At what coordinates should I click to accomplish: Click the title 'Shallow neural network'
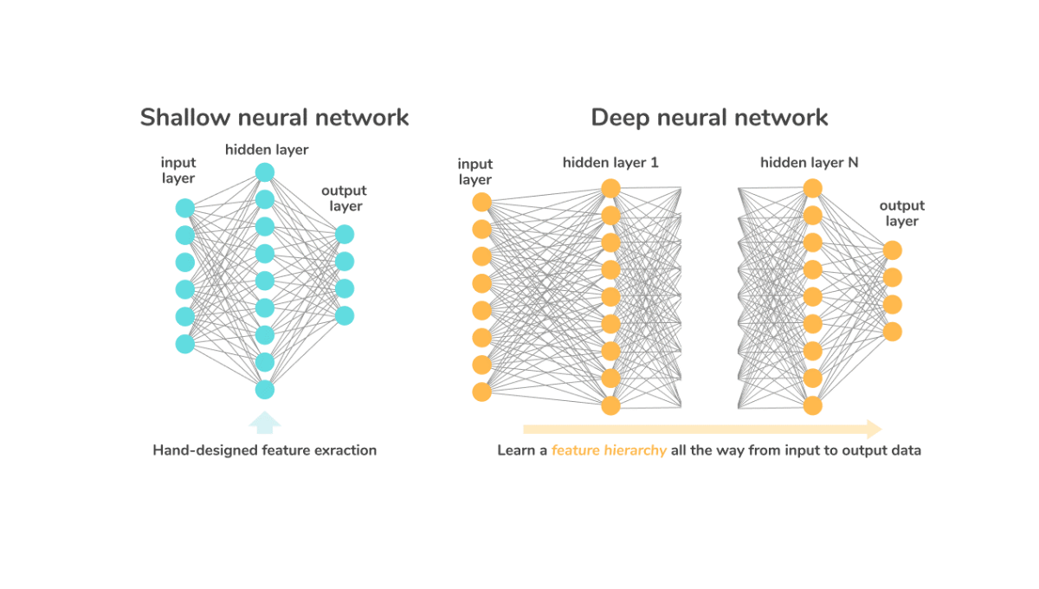point(274,117)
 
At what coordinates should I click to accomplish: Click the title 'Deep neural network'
point(709,117)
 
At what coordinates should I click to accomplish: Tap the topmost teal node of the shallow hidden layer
point(265,172)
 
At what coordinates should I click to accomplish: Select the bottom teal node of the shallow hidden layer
point(265,390)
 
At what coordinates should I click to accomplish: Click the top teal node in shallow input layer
point(185,208)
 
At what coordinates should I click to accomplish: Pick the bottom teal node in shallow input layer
point(185,344)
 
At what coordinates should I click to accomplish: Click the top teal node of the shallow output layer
point(345,234)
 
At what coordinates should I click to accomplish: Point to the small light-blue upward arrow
point(265,422)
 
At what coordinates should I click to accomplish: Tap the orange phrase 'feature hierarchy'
point(609,450)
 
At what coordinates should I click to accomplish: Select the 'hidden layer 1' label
point(610,162)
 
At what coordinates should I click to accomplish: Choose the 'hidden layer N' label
point(810,162)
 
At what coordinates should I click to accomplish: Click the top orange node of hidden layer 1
point(611,188)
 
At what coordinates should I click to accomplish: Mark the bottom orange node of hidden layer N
point(812,405)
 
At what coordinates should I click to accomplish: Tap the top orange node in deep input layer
point(482,202)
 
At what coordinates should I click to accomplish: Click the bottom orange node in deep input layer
point(482,392)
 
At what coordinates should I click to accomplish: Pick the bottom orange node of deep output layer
point(893,332)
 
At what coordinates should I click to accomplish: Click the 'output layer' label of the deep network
point(901,213)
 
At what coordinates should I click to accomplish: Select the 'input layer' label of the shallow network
point(178,171)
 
